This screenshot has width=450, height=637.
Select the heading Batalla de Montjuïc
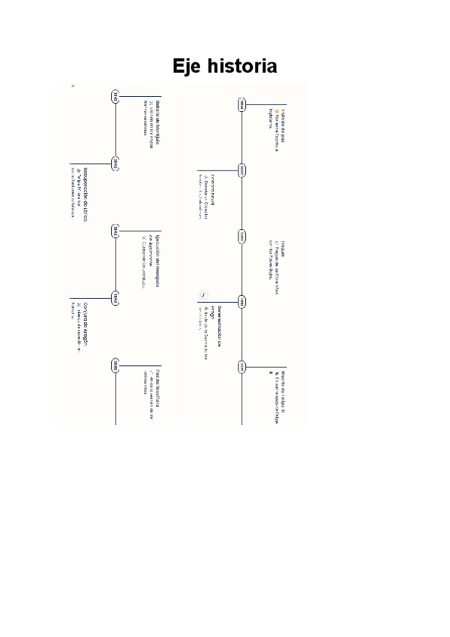158,116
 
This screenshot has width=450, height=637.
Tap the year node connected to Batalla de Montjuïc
115,96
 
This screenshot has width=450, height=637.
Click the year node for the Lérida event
115,162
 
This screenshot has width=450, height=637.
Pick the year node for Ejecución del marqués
115,230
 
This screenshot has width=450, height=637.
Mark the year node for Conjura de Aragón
115,298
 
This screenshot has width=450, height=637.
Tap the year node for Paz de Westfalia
115,366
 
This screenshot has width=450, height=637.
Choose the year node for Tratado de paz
241,105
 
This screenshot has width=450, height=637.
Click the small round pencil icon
203,294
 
